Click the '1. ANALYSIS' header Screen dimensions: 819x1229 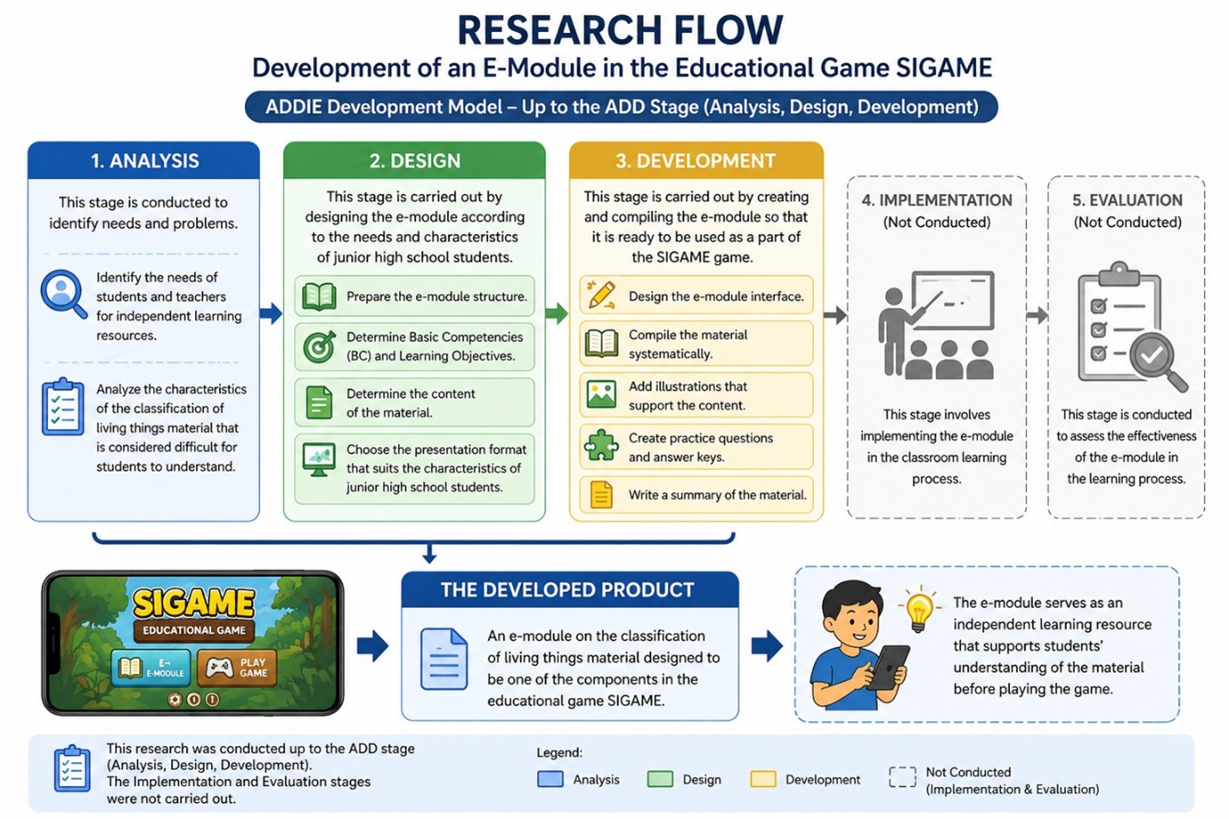point(144,160)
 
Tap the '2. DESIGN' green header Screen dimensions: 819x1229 point(414,160)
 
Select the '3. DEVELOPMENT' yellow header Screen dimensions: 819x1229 point(695,160)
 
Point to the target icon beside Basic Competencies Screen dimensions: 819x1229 point(319,347)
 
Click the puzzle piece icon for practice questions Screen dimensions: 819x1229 point(601,446)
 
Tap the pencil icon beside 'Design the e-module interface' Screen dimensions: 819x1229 point(601,295)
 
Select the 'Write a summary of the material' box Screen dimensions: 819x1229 point(696,495)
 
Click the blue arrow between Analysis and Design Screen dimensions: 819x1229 point(270,313)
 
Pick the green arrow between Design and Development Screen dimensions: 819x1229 point(556,313)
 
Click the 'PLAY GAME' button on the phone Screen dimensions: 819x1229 point(237,667)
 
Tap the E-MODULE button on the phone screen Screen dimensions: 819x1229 point(151,667)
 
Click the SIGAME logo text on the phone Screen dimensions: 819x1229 point(193,604)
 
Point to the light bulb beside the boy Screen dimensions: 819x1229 point(920,610)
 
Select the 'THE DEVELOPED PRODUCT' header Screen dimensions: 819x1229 point(568,590)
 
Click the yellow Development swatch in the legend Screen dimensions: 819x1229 point(763,779)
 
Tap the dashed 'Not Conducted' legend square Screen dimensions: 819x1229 point(902,777)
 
